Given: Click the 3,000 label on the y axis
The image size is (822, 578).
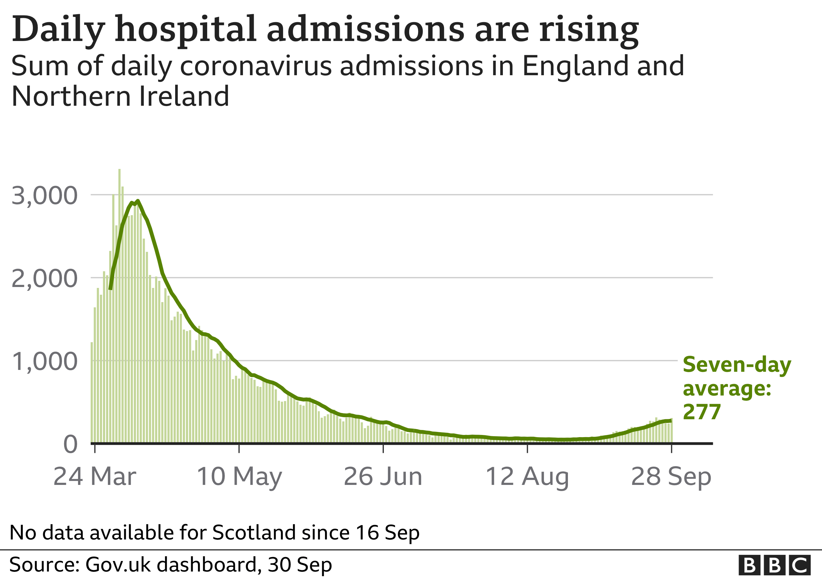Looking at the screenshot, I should click(44, 196).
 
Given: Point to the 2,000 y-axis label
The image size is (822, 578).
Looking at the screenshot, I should click(44, 279).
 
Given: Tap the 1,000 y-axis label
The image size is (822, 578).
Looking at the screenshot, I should click(44, 362).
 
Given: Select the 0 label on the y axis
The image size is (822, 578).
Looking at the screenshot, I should click(70, 445).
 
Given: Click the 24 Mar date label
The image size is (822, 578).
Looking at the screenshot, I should click(95, 477).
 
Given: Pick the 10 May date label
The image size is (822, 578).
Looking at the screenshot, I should click(239, 477).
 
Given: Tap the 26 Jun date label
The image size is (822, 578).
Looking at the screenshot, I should click(383, 477).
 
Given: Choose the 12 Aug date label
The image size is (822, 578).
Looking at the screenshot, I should click(527, 477).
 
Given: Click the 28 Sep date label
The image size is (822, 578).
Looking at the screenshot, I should click(671, 477).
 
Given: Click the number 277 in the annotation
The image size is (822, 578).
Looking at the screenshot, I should click(701, 412).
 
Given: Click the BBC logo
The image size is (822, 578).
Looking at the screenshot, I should click(775, 565).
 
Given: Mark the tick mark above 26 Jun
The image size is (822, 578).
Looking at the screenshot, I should click(383, 449).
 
